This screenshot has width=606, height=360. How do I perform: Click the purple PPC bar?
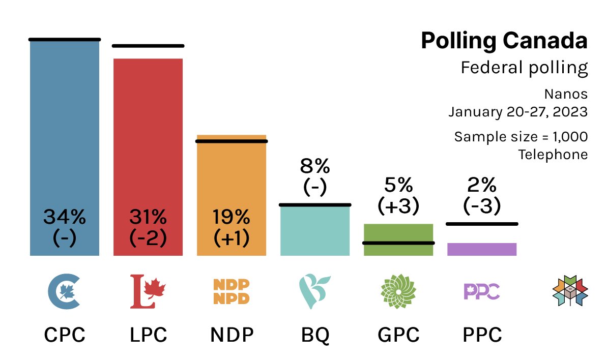[x=482, y=249]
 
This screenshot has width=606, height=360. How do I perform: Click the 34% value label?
[x=64, y=218]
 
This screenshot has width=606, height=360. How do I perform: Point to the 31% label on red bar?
[x=148, y=218]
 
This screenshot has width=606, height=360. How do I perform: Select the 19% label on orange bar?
[x=231, y=218]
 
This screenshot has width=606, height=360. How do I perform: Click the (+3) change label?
[x=398, y=206]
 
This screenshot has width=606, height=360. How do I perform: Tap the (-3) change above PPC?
[x=482, y=206]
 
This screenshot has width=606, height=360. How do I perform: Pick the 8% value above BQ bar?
[x=315, y=166]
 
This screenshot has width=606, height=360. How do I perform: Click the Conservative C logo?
[x=64, y=291]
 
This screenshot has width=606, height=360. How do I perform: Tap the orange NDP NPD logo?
[x=231, y=291]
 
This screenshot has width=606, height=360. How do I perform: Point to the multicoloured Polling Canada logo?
[x=570, y=291]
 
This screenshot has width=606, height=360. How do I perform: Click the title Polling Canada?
[x=504, y=41]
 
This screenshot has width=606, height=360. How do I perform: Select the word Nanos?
[x=566, y=94]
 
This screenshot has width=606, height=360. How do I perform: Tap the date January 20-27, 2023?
[x=517, y=112]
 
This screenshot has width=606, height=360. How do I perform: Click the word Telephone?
[x=553, y=155]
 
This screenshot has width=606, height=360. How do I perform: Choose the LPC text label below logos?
[x=148, y=335]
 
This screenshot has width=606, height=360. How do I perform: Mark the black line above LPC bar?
[x=148, y=46]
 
